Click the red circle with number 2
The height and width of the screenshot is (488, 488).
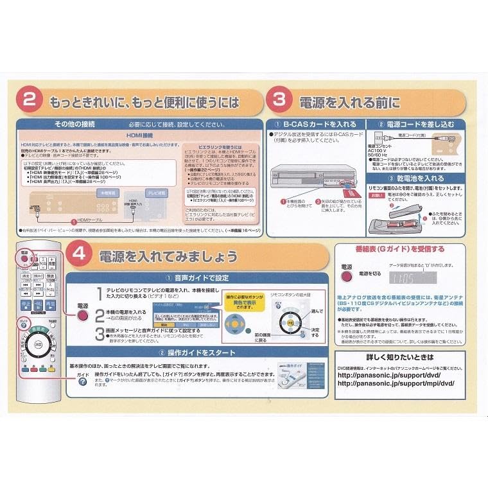tap(30, 101)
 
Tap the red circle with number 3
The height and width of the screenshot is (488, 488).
tap(279, 101)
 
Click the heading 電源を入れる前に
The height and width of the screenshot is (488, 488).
tap(349, 102)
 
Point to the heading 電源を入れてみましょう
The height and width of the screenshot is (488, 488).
tap(168, 256)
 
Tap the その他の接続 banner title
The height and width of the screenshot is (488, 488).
tap(75, 123)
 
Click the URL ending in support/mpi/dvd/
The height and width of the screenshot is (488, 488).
tap(395, 383)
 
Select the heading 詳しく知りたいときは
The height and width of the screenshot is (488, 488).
tap(399, 356)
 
